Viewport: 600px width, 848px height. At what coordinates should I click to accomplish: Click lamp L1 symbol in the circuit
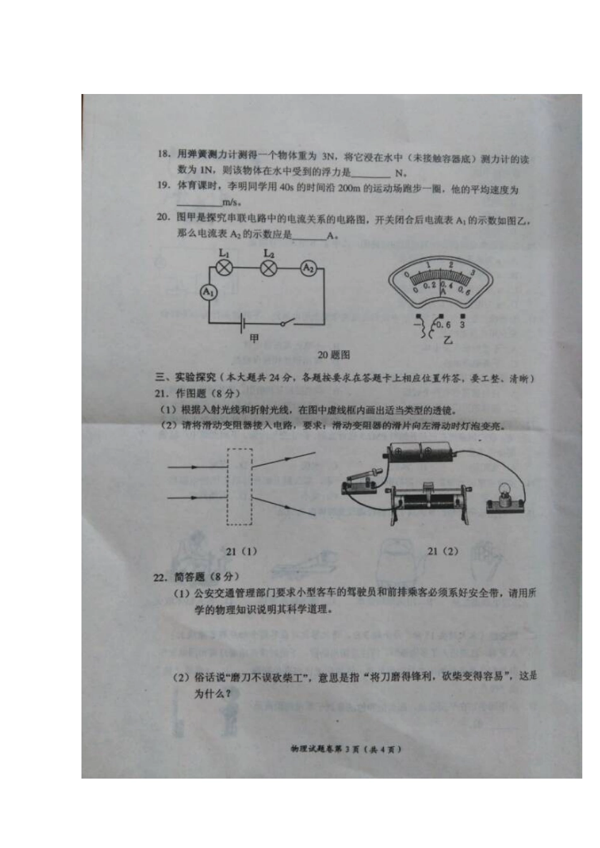coord(224,268)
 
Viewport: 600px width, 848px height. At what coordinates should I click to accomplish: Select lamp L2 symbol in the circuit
coord(269,268)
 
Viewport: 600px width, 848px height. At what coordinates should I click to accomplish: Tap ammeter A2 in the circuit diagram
coord(308,268)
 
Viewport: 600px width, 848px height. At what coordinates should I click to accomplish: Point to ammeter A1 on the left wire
coord(208,292)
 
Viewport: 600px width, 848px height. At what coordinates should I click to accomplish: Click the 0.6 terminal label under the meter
coord(444,325)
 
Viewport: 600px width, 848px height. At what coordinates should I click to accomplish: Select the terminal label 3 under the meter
coord(462,324)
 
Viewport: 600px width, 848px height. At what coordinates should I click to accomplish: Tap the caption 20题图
coord(333,355)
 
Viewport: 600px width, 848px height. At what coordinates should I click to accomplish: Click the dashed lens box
coord(239,486)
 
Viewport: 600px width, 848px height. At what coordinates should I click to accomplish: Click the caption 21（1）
coord(241,551)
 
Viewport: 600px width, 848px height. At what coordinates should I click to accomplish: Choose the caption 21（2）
coord(443,551)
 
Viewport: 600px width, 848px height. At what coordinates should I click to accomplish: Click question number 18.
coord(164,154)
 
